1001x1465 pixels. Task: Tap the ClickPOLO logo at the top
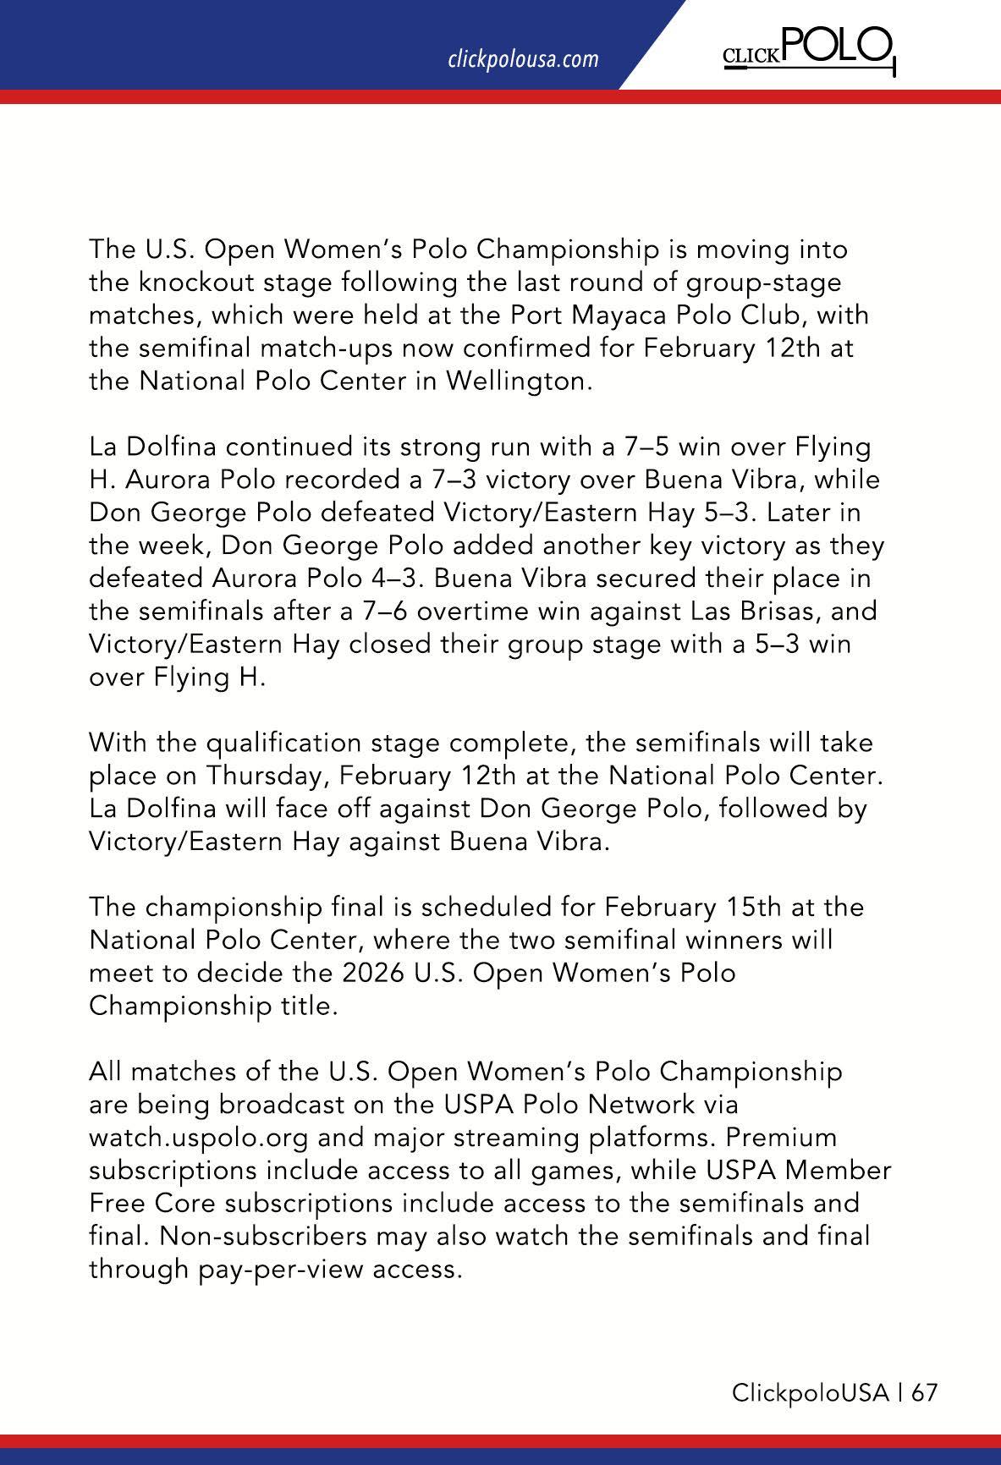pos(808,51)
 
